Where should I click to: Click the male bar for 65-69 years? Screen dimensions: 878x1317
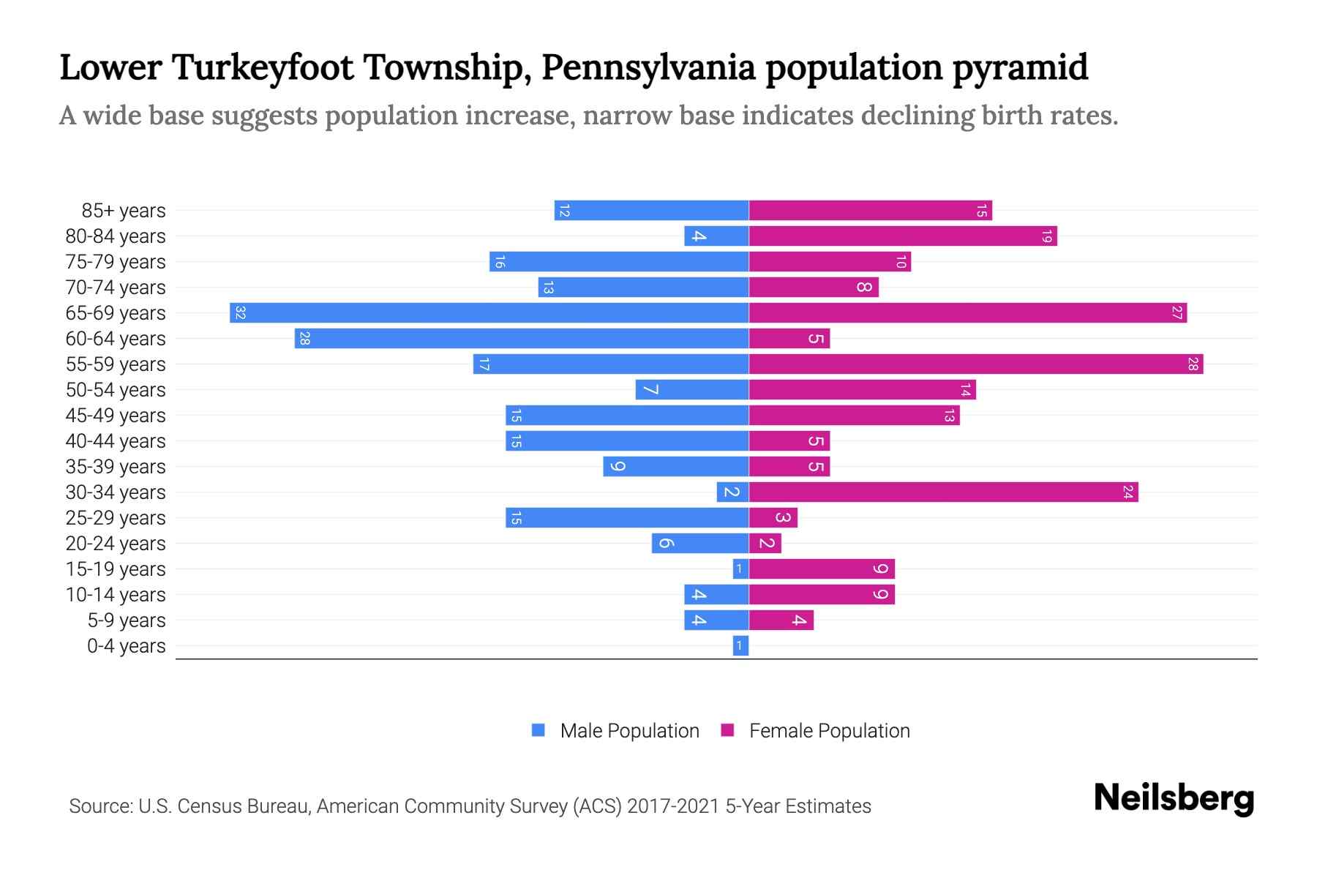[489, 313]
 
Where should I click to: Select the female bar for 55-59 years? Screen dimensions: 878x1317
[976, 364]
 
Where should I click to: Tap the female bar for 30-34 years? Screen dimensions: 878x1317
[943, 492]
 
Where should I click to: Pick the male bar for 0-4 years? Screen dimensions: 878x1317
[740, 646]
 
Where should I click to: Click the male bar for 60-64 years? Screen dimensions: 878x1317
[522, 339]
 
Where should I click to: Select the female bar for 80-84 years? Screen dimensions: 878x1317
[903, 236]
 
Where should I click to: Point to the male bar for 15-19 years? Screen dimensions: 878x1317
[740, 569]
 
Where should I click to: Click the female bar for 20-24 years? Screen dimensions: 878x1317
[765, 544]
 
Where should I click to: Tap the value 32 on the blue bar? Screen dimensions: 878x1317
[240, 313]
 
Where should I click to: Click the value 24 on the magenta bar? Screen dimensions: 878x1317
[1127, 492]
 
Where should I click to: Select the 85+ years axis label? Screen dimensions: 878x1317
[124, 211]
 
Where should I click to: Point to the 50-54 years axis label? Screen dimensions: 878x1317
[116, 390]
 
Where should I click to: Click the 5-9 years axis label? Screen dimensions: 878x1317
[127, 620]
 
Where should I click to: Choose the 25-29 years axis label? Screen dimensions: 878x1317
[116, 518]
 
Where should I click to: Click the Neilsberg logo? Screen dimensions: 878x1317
[1174, 798]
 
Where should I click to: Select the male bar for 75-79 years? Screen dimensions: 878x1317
[619, 262]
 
